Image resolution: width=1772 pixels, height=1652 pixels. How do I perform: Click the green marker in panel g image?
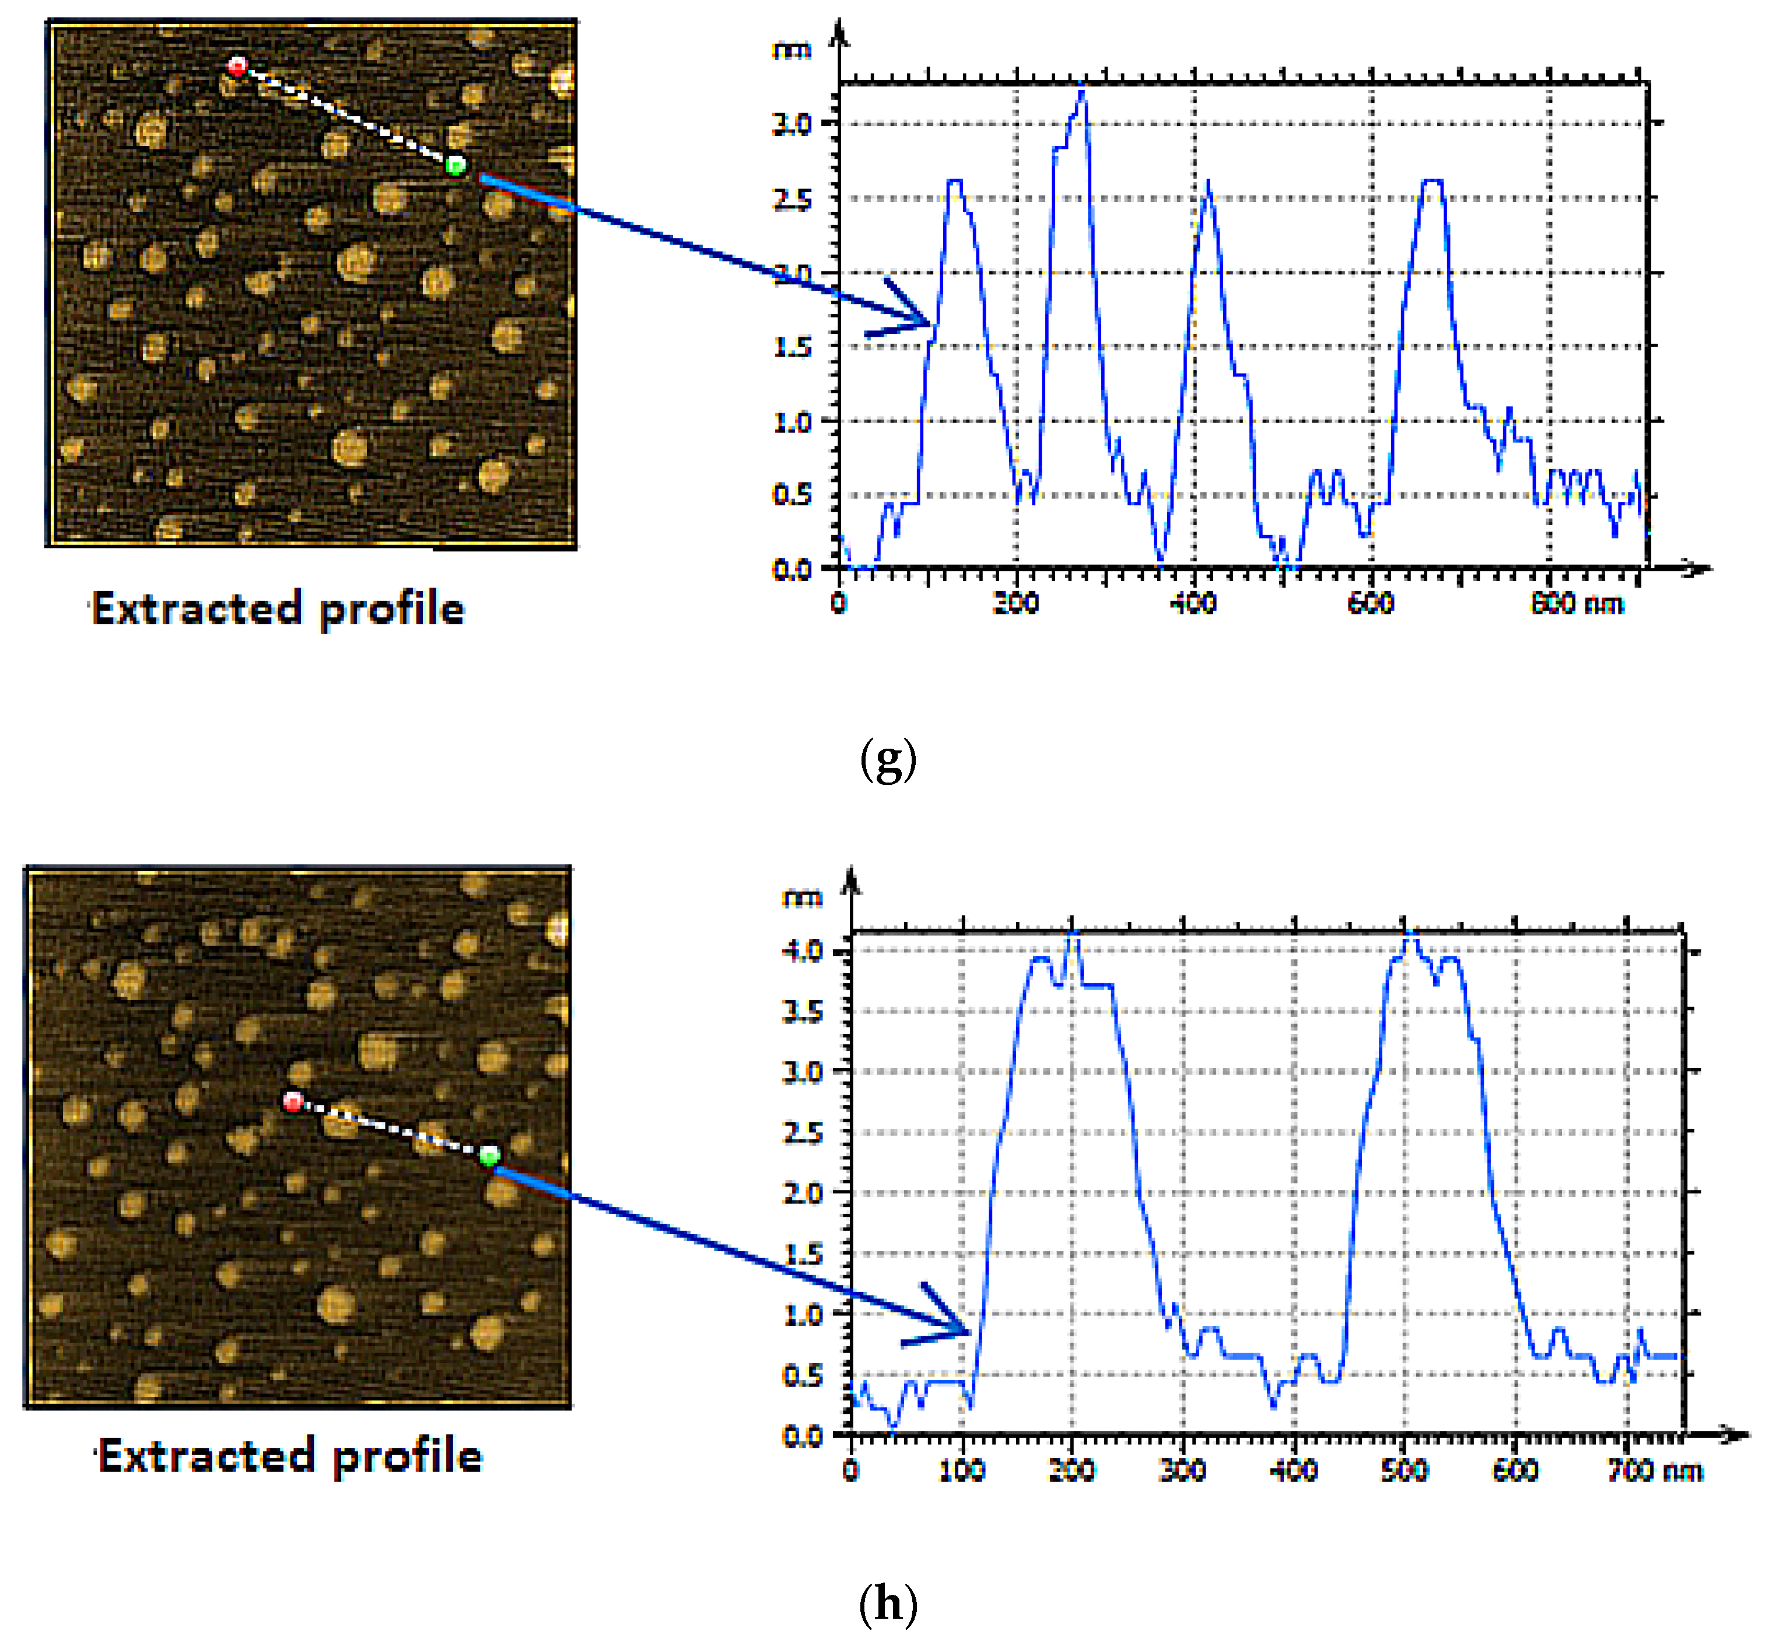pyautogui.click(x=456, y=165)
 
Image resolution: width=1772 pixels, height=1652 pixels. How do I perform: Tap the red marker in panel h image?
pyautogui.click(x=292, y=1102)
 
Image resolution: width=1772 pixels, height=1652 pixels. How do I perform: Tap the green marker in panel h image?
pyautogui.click(x=488, y=1157)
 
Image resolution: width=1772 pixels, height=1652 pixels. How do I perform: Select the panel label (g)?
pyautogui.click(x=888, y=760)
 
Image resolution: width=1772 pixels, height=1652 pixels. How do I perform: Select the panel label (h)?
pyautogui.click(x=888, y=1604)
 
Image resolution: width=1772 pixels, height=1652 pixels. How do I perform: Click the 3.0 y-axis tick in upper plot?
pyautogui.click(x=792, y=124)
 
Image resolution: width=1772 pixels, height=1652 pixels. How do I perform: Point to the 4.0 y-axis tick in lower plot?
pyautogui.click(x=801, y=951)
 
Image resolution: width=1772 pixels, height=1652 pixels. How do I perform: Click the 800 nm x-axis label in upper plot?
pyautogui.click(x=1576, y=605)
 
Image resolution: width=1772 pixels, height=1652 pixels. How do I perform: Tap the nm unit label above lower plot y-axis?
pyautogui.click(x=801, y=897)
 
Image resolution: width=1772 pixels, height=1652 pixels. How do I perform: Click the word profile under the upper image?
pyautogui.click(x=391, y=610)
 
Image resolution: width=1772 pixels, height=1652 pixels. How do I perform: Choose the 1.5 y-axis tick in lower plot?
pyautogui.click(x=801, y=1253)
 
